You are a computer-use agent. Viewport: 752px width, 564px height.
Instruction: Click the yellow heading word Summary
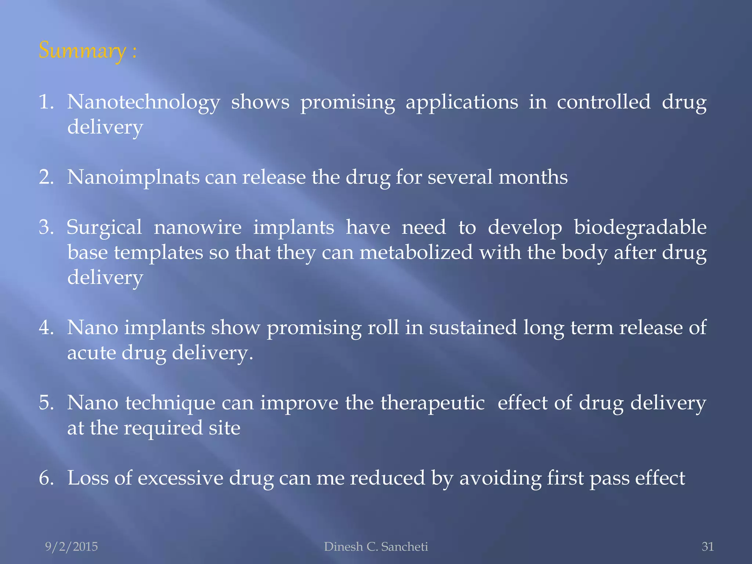(82, 50)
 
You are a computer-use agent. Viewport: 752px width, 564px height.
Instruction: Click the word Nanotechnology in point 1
(144, 102)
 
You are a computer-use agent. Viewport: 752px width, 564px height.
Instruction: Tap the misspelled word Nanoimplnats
(133, 177)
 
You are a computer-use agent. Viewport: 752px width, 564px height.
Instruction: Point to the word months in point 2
(533, 177)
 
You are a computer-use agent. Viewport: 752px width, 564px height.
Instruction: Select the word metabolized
(416, 253)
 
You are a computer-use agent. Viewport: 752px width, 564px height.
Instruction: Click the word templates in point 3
(158, 253)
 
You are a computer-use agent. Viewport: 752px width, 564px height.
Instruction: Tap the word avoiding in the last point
(500, 478)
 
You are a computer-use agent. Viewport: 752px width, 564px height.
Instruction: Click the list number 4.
(46, 328)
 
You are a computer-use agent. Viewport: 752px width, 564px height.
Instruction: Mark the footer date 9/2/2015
(71, 547)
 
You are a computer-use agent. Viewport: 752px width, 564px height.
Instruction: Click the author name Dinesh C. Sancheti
(376, 547)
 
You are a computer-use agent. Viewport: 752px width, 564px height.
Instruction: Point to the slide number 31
(708, 547)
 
